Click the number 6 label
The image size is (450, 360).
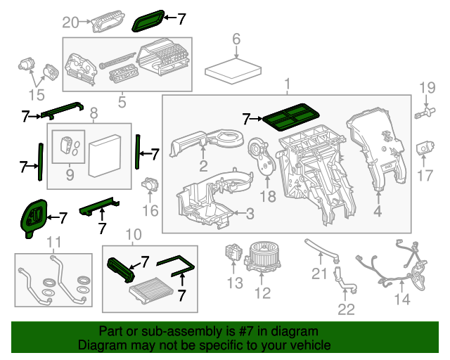pos(236,39)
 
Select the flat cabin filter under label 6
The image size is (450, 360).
pos(236,70)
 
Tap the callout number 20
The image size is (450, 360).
pos(70,22)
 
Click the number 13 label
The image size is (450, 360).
pos(234,283)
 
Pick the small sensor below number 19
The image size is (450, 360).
pos(424,112)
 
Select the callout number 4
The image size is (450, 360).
pos(378,210)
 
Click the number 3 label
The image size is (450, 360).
pos(250,214)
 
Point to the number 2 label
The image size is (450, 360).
pos(202,167)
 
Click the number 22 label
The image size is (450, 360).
pos(347,308)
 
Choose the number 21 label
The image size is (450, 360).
pos(320,274)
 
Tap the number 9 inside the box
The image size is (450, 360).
pos(69,173)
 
